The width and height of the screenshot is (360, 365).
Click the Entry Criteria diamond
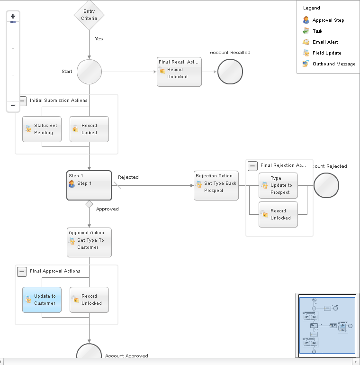(x=89, y=15)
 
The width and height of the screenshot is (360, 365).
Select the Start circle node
(x=89, y=72)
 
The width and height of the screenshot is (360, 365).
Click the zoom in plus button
(x=13, y=17)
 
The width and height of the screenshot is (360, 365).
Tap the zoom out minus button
(x=13, y=106)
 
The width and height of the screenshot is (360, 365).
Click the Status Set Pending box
(x=42, y=129)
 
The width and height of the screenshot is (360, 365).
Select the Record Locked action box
(x=89, y=129)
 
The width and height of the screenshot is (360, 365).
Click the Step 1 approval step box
(x=89, y=185)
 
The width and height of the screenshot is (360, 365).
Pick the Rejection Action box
(x=216, y=185)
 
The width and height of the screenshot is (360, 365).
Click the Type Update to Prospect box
(x=278, y=185)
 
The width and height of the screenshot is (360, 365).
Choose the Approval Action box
(x=89, y=242)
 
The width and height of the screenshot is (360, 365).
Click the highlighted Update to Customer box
(x=42, y=300)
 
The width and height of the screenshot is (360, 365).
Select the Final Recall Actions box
(x=179, y=72)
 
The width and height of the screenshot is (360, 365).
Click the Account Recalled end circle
(x=230, y=72)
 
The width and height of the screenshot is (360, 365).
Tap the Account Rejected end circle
(x=326, y=185)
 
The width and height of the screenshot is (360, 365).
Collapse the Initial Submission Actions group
(x=22, y=100)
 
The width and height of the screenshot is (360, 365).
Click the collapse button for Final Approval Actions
(x=22, y=272)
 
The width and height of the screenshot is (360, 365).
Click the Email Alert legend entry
(x=325, y=42)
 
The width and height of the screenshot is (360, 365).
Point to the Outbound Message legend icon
(x=306, y=64)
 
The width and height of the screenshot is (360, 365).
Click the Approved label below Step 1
(x=107, y=209)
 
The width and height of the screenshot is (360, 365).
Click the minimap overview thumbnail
(x=327, y=325)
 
